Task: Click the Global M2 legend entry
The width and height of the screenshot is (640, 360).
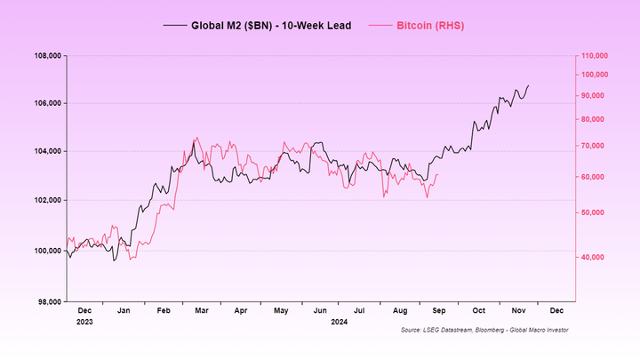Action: [270, 26]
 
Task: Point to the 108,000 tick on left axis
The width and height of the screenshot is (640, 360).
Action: [46, 55]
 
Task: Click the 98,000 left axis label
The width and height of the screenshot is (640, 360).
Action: [48, 302]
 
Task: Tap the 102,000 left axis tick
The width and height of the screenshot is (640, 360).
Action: [46, 200]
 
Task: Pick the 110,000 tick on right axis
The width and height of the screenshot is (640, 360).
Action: [594, 55]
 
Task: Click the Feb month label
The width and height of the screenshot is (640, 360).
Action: [164, 311]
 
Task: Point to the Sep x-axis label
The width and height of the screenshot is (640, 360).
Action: [438, 311]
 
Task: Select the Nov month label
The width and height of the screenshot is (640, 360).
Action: [517, 311]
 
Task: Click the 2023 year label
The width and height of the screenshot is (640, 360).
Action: [85, 321]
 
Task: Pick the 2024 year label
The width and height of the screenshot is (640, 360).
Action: [339, 321]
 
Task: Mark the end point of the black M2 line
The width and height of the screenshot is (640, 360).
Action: [528, 86]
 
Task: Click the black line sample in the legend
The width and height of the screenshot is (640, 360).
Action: [174, 26]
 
